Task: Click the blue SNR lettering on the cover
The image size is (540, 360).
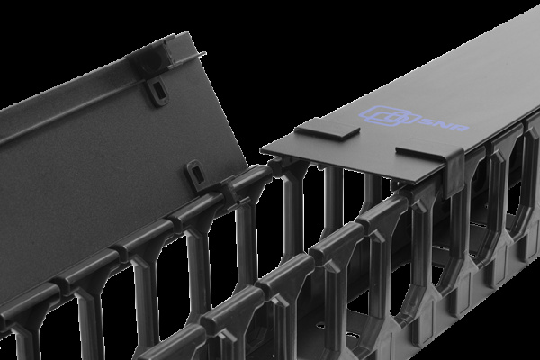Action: click(444, 123)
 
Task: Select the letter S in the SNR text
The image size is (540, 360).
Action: click(426, 121)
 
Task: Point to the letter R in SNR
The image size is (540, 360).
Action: click(461, 127)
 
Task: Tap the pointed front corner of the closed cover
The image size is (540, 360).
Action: click(262, 150)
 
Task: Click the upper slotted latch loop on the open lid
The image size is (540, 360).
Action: click(157, 90)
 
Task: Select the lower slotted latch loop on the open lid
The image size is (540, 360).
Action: click(196, 175)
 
